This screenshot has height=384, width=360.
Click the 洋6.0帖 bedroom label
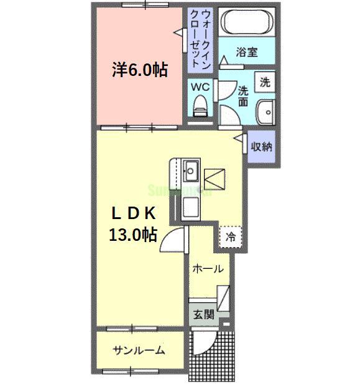click(141, 70)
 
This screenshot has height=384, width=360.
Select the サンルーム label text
click(139, 350)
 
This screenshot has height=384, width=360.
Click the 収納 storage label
click(261, 148)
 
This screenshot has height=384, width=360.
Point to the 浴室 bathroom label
click(246, 52)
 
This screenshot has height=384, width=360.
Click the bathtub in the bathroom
click(247, 24)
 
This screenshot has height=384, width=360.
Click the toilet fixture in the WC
click(200, 105)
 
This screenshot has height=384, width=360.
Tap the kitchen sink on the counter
click(190, 169)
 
